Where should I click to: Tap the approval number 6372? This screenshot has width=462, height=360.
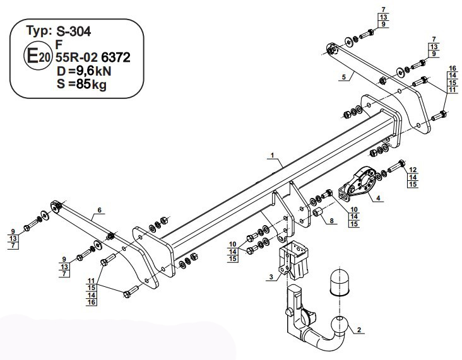[x=115, y=57]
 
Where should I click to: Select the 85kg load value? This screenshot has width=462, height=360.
[x=91, y=84]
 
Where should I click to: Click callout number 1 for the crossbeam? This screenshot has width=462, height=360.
[x=273, y=155]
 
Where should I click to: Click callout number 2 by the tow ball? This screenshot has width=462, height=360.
[x=359, y=330]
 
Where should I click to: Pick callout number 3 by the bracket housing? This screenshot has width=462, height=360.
[x=271, y=277]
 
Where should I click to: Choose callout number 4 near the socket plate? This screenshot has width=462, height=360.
[x=378, y=198]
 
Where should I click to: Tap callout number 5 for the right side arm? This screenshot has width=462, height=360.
[x=343, y=77]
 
